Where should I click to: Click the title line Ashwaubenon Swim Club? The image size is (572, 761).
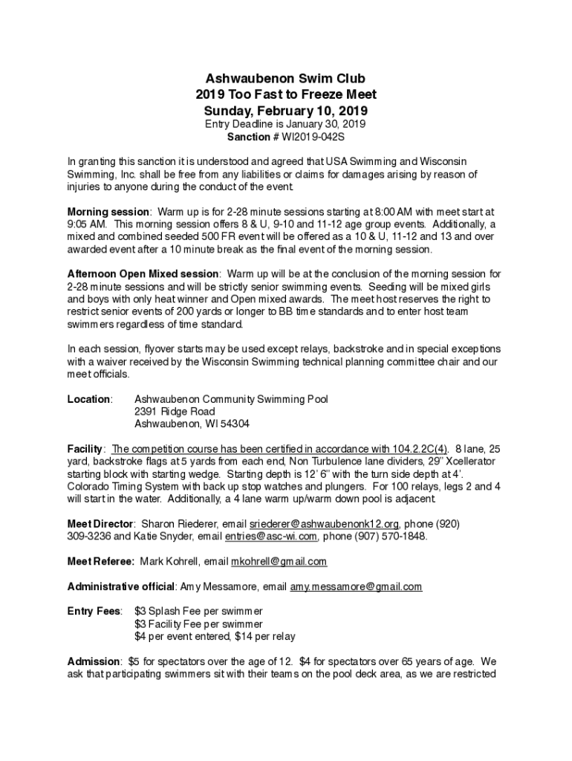coord(286,78)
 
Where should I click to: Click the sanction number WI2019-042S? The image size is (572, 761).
coord(313,137)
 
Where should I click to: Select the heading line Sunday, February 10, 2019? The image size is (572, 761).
coord(286,111)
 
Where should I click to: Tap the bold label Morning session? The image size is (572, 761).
coord(108,211)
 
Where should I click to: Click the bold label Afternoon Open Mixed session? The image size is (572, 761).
coord(143,274)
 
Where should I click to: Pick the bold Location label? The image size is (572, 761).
coord(89,399)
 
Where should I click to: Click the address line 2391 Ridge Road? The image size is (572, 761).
coord(175,412)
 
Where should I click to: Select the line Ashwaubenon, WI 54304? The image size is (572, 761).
coord(192,424)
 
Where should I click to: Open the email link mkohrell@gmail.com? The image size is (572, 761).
coord(279,561)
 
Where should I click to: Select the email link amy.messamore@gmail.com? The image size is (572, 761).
coord(356,586)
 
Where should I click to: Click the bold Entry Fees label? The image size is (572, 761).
coord(94,611)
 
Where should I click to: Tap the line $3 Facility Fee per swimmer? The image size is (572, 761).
coord(198,624)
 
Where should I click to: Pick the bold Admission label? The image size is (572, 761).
coord(94,661)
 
